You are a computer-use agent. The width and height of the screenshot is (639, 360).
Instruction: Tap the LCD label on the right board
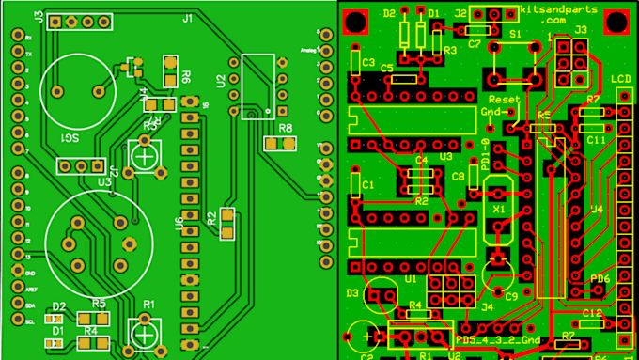click(621, 78)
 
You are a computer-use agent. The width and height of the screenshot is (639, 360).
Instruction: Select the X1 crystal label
click(498, 210)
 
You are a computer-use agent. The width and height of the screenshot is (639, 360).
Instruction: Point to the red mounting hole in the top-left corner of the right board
click(356, 21)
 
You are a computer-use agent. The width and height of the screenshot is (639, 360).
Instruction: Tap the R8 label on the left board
click(285, 127)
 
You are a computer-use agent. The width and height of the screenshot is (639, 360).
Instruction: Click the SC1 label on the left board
click(70, 138)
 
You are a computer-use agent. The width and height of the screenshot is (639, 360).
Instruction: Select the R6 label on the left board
click(187, 77)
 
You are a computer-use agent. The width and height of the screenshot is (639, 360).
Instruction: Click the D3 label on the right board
click(352, 293)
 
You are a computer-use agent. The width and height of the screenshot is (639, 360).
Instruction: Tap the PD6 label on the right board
click(600, 279)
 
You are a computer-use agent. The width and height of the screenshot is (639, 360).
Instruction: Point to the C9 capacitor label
click(511, 295)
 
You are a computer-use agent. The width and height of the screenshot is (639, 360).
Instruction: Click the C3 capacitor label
click(367, 61)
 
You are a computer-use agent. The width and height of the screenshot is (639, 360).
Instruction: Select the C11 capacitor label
click(595, 139)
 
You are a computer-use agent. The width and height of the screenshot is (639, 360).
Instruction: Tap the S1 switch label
click(515, 33)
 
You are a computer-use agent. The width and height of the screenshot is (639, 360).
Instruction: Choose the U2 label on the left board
click(220, 82)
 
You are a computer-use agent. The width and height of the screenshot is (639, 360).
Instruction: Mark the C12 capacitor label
click(591, 312)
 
